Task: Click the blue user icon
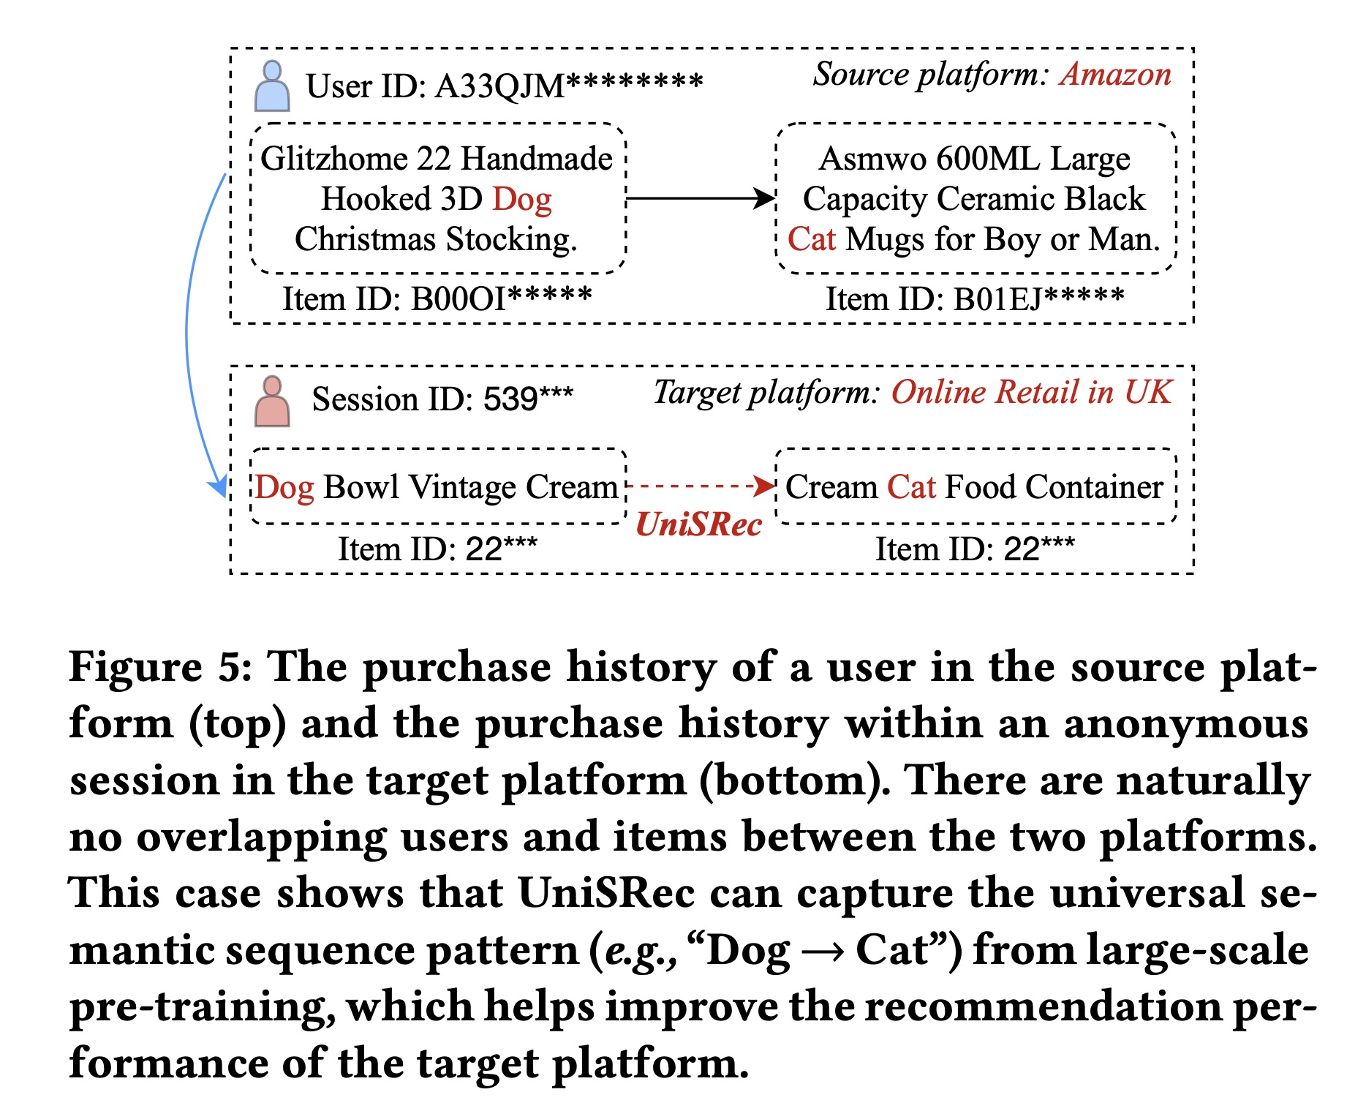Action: click(x=272, y=86)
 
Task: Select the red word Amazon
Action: click(x=1116, y=75)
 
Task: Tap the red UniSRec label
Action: click(x=698, y=524)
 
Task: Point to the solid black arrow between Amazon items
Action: click(x=701, y=197)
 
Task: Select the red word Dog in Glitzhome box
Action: click(x=521, y=200)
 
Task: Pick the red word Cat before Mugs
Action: click(x=811, y=239)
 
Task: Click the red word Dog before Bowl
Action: click(x=284, y=487)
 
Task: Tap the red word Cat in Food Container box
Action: click(x=911, y=487)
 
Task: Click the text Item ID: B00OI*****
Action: click(x=437, y=298)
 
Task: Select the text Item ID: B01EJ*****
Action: click(x=974, y=298)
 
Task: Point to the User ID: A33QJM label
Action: click(x=504, y=86)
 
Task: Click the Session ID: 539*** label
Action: click(x=442, y=399)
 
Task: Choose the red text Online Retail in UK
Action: click(x=1031, y=393)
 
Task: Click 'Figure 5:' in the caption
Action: click(x=160, y=667)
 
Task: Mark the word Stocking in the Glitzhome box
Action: click(x=511, y=240)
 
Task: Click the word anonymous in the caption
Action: click(x=1185, y=723)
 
